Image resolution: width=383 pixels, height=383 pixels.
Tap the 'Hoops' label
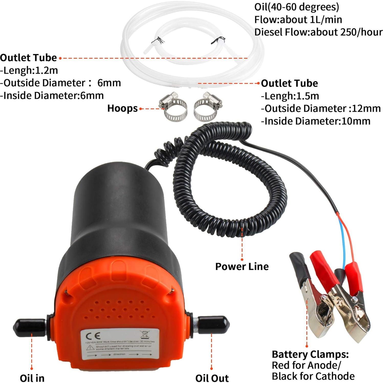point(122,108)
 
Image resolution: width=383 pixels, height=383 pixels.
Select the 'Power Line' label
point(242,266)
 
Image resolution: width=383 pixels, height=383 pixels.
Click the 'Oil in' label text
point(32,378)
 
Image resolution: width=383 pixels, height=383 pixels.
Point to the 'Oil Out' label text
point(212,378)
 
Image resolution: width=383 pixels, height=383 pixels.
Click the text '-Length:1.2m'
point(29,70)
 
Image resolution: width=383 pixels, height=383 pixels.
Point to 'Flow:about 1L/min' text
point(298,19)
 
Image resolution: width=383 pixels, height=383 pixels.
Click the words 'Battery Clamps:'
point(310,354)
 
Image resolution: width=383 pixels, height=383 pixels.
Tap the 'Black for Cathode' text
point(313,376)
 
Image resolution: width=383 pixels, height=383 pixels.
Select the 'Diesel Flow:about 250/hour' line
point(318,32)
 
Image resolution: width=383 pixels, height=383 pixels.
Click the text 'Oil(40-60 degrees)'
point(297,7)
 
